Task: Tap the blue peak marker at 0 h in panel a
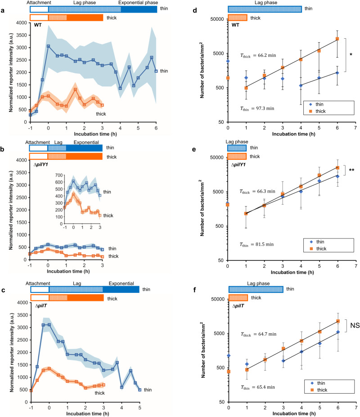48,46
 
